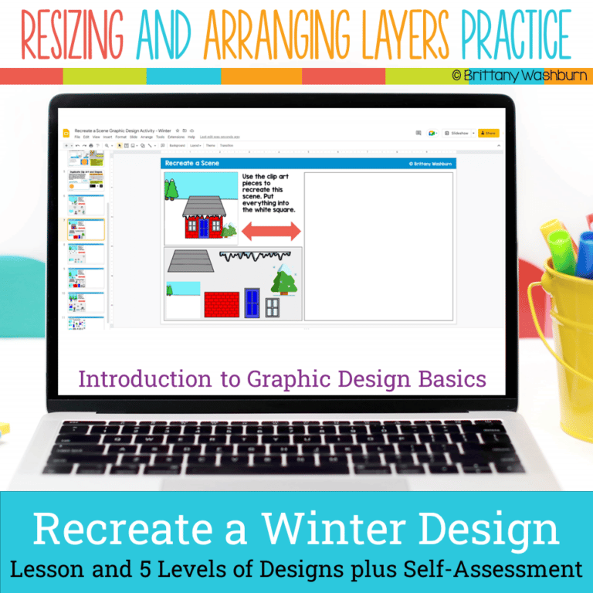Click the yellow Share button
488,133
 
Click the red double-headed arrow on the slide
271,230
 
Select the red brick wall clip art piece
222,304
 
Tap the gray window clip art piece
273,307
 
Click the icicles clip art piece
248,256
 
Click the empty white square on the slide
378,246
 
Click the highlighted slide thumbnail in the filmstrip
86,229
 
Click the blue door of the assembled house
205,228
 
